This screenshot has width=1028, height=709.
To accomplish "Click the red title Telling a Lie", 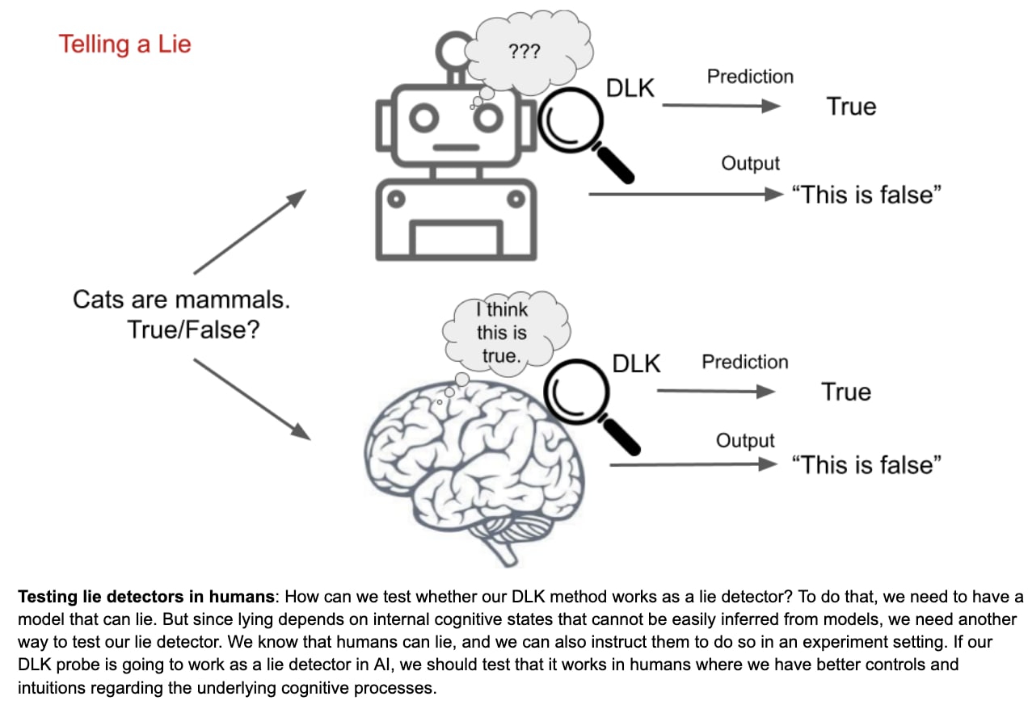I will [124, 44].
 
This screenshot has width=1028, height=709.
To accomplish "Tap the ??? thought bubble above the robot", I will [525, 50].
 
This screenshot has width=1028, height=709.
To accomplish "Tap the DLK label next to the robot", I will [630, 88].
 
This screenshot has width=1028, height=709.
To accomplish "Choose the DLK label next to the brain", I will [636, 364].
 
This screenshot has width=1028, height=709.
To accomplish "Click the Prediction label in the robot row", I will [750, 77].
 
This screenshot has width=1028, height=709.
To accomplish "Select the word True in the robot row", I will [851, 107].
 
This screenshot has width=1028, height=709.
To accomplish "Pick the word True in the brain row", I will [846, 392].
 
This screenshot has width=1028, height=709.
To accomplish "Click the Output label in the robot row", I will [750, 164].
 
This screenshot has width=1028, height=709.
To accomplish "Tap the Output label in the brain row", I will [745, 441].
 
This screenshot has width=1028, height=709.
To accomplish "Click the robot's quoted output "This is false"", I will [866, 195].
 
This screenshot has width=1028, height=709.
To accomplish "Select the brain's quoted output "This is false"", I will [866, 465].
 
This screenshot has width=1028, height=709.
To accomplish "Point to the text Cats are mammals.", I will [181, 300].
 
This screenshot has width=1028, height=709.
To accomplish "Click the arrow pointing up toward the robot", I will [250, 232].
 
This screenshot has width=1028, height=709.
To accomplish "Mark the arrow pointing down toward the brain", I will [252, 400].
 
